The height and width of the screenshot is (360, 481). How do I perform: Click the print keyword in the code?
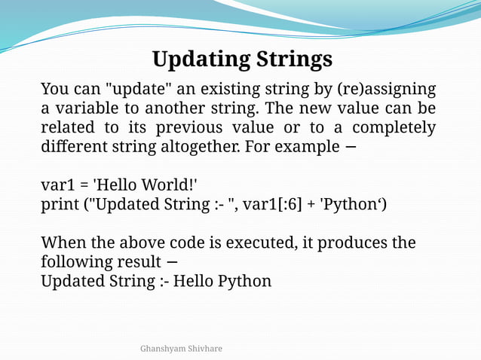(61, 203)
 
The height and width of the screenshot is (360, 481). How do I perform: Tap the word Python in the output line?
(244, 281)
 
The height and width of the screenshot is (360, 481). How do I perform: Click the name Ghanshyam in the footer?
(163, 349)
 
